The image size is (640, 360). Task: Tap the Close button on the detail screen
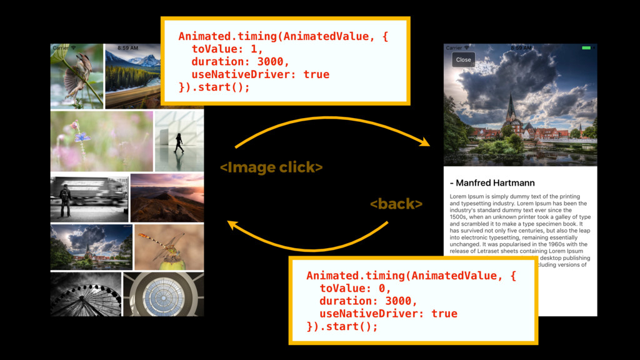tap(463, 60)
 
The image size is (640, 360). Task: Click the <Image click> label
tap(271, 167)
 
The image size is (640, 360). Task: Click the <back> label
tap(396, 204)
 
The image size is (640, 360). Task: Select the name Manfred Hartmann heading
tap(492, 183)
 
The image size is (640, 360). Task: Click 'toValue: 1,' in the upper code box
tap(227, 49)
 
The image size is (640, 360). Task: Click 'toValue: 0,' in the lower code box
tap(355, 288)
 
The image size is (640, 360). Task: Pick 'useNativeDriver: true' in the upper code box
tap(260, 74)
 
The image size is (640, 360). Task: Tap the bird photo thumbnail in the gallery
tap(77, 76)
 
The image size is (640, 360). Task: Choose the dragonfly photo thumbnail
tap(169, 247)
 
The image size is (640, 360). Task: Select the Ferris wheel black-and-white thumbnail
tap(86, 294)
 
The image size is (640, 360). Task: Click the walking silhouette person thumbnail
tap(179, 142)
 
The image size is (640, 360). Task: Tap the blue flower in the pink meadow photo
tap(82, 137)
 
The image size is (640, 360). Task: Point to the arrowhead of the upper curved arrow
tap(426, 143)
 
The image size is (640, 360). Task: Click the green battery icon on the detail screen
tap(586, 48)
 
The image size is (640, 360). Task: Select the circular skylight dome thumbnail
tap(163, 294)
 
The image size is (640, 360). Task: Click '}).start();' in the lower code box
tap(342, 326)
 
